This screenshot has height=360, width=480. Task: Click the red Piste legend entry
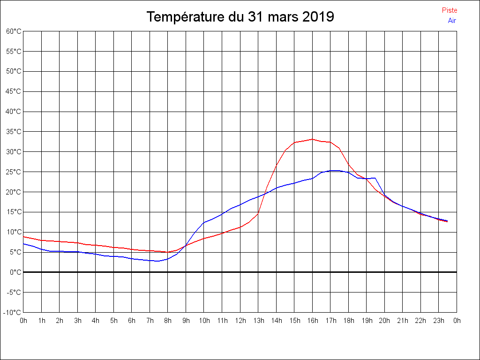click(x=449, y=10)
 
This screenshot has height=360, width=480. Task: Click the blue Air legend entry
click(x=452, y=21)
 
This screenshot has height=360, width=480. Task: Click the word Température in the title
click(x=185, y=17)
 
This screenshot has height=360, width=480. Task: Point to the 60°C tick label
click(x=14, y=31)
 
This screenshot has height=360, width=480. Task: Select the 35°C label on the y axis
click(x=14, y=132)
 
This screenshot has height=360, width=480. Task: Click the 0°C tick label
click(x=15, y=272)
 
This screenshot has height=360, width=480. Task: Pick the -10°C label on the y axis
click(x=13, y=312)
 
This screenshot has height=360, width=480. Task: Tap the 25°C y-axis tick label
click(x=14, y=172)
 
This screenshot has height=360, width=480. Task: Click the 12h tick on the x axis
click(x=240, y=321)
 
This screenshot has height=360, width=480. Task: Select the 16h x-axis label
click(x=312, y=321)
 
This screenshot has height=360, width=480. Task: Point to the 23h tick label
click(x=439, y=321)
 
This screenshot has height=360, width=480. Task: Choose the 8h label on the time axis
click(x=168, y=321)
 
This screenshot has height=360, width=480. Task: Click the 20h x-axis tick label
click(x=384, y=321)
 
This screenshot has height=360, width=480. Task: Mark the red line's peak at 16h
click(x=312, y=139)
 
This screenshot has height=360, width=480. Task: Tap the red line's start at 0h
click(x=23, y=237)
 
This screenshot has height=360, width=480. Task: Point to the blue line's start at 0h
click(x=23, y=244)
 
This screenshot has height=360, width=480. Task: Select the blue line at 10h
click(x=204, y=223)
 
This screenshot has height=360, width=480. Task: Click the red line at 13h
click(x=258, y=213)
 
